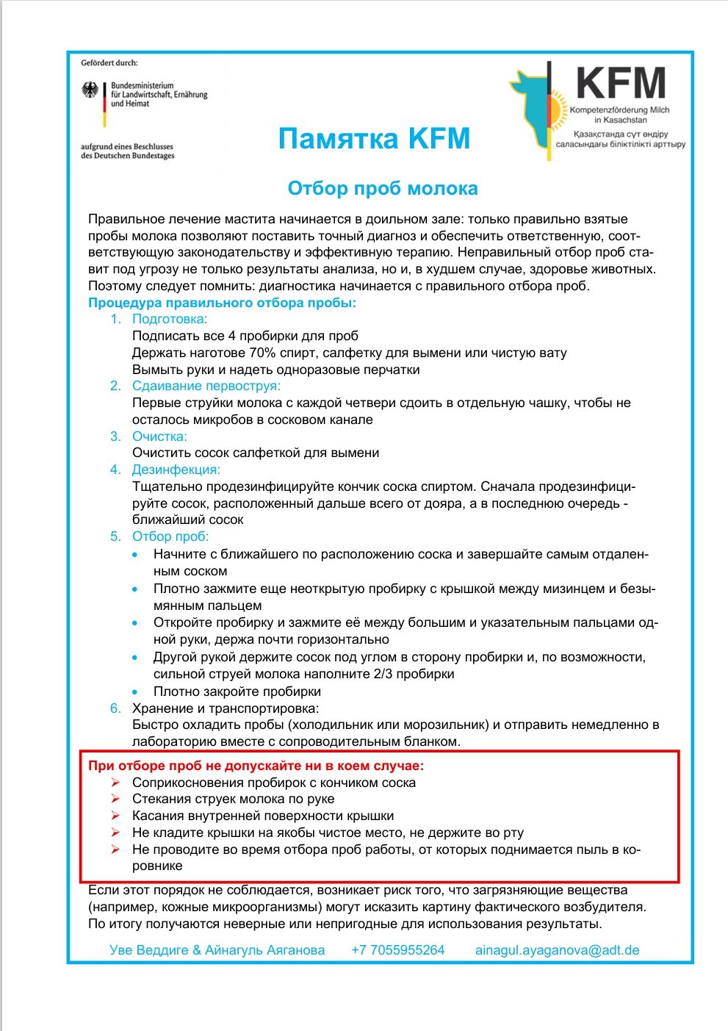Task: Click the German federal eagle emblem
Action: coord(90,93)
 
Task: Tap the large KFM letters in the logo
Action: coord(621,83)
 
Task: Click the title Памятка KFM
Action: coord(374,138)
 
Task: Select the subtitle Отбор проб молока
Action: coord(382,189)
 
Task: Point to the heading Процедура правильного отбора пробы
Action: coord(222,303)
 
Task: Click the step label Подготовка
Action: coord(170,319)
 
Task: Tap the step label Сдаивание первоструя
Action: coord(206,386)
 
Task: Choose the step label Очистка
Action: coord(159,437)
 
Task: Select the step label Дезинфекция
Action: coord(176,470)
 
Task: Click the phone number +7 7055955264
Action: coord(397,950)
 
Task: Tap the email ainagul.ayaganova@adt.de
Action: coord(557,950)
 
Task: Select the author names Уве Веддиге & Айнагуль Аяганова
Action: coord(217,950)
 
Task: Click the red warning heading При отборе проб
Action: coord(256,766)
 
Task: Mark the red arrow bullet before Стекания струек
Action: coord(115,799)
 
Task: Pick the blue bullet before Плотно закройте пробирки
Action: coord(134,692)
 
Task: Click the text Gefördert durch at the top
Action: coord(109,63)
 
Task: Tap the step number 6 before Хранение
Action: coord(115,708)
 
